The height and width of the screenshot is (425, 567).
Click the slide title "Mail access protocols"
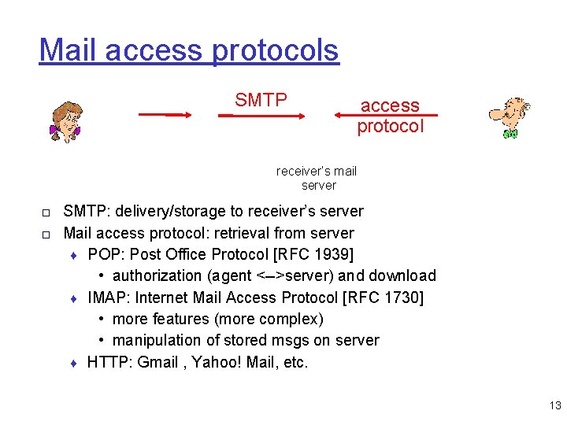point(189,50)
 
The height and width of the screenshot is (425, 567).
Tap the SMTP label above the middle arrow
point(261,100)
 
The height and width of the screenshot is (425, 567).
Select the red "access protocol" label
point(390,116)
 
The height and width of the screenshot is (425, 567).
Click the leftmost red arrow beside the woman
point(165,115)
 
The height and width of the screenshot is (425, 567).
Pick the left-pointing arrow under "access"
point(385,115)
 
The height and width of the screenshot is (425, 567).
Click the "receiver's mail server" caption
point(317,178)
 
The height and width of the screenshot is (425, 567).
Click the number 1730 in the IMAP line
point(400,297)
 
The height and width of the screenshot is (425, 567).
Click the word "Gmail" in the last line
point(157,362)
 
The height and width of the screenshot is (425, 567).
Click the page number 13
point(555,406)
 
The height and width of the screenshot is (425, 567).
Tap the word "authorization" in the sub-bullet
point(157,276)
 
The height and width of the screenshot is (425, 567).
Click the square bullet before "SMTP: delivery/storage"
point(46,213)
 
